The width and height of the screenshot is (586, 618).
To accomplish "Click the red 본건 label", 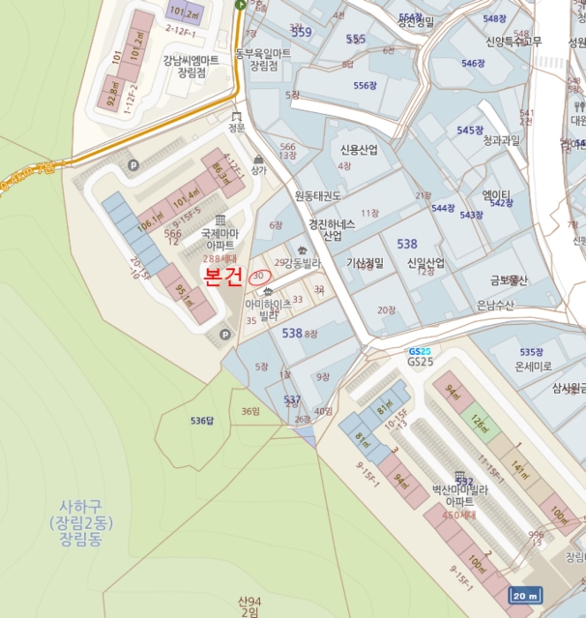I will (x=223, y=278).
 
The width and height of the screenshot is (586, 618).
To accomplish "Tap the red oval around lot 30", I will (x=262, y=275).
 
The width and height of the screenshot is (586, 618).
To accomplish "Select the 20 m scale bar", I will (x=525, y=597).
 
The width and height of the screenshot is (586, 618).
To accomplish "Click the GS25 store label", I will (x=421, y=361).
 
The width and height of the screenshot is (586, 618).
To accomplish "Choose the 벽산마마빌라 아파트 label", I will (x=460, y=495).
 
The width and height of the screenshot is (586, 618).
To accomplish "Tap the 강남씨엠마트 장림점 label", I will (x=191, y=66).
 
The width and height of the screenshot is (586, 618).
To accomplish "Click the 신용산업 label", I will (x=359, y=150).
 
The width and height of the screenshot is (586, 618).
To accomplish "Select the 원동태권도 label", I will (x=318, y=195).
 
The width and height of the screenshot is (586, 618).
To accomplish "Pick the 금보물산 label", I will (x=509, y=281).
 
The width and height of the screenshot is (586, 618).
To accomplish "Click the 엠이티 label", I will (x=497, y=195).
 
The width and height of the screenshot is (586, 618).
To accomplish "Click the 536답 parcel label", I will (x=202, y=420).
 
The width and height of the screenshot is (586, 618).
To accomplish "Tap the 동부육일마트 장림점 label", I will (x=263, y=59).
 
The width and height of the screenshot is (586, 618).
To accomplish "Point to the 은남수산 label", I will (x=496, y=305).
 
